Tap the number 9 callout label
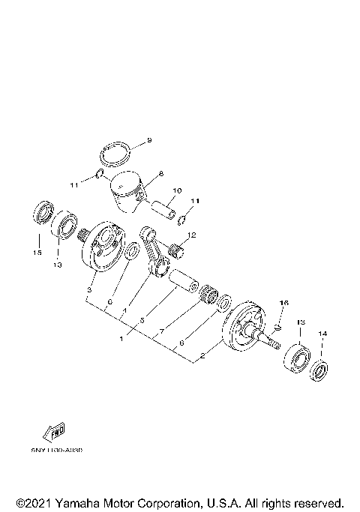tap(148, 140)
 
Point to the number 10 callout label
tap(177, 191)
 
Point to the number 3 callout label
tap(89, 289)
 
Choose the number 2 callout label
tap(202, 358)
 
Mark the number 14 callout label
tap(323, 333)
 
